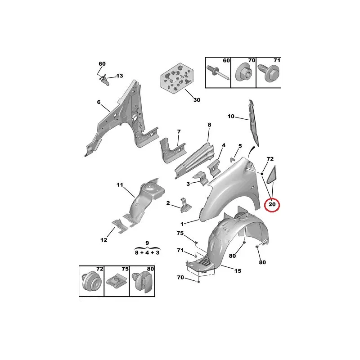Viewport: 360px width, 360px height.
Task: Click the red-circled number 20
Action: (272, 204)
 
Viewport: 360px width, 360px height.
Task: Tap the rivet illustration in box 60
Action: (218, 72)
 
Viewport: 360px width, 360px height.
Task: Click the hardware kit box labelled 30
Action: (176, 78)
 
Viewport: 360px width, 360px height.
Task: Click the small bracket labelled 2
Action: (185, 205)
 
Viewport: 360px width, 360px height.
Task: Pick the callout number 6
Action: (99, 102)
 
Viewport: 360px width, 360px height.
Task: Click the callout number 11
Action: (120, 185)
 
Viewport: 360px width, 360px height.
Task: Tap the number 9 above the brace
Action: (147, 243)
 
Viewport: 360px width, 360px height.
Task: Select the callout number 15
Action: (238, 271)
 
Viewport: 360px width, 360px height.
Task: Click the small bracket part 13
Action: (104, 79)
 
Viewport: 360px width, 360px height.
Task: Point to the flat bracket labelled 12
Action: (120, 226)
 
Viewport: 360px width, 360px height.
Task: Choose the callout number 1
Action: (182, 224)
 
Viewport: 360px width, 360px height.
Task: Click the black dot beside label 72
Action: (262, 174)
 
